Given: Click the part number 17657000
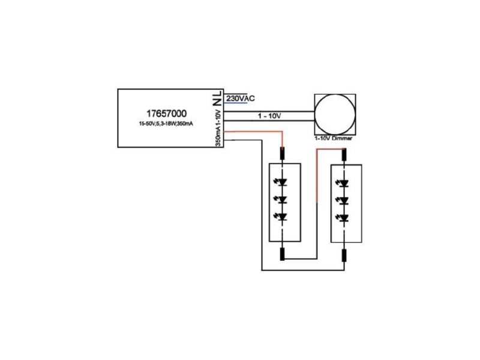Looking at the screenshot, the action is pos(166,113).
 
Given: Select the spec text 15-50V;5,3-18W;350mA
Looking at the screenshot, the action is pos(166,124).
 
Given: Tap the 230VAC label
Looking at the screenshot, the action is pos(241,98).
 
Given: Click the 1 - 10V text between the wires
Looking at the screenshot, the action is pos(269,116).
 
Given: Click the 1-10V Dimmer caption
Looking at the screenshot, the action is pos(334,139).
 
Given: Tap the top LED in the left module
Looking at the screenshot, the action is pos(281,182).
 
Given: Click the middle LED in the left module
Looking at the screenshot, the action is pos(281,200).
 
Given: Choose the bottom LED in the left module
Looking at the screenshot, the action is pos(281,217).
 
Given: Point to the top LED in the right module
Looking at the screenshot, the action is pos(343,184).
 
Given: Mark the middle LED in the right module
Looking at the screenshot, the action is pos(343,201).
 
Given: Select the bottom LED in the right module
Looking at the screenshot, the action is pos(343,218).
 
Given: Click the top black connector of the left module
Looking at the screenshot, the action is pos(282,154).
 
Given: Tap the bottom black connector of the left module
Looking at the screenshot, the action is pos(282,254).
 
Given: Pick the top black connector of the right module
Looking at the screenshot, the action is pos(344,154).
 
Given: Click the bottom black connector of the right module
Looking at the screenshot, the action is pos(344,256).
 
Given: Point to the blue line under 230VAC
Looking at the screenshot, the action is pos(235,103).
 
